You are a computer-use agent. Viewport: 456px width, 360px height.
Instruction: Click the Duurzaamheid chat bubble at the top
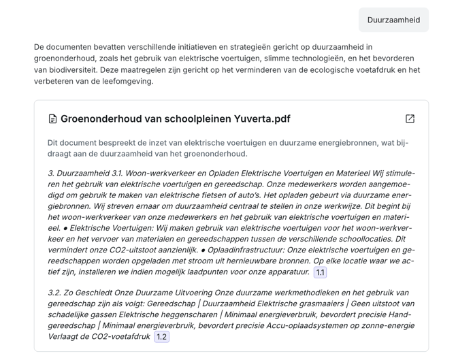click(393, 20)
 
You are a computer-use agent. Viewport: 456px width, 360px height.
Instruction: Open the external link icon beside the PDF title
click(410, 118)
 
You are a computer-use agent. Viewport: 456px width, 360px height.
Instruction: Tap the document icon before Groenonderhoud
click(52, 119)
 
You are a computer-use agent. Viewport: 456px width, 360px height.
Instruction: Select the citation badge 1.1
click(320, 272)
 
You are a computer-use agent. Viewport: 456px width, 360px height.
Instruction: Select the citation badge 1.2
click(161, 337)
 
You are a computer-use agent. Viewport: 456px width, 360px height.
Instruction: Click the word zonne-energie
click(389, 325)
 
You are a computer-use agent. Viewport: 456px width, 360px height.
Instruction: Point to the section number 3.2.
click(55, 293)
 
